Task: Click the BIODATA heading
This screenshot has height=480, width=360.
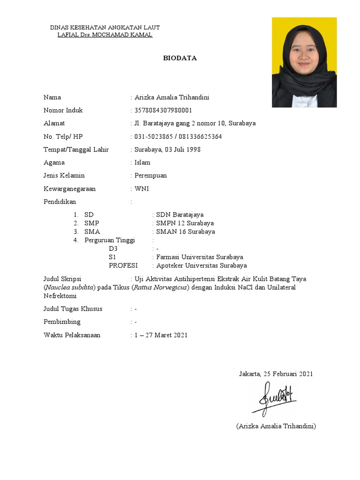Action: pos(180,59)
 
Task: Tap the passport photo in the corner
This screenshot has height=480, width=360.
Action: pos(304,62)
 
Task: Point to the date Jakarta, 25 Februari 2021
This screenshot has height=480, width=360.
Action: pos(276,374)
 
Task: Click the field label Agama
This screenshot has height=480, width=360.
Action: pos(54,163)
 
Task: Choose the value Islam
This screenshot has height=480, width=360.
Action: pos(142,163)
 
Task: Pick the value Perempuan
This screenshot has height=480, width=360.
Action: pos(150,176)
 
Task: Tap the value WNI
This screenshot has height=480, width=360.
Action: pos(142,189)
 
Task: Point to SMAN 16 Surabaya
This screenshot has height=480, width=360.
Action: pos(185,232)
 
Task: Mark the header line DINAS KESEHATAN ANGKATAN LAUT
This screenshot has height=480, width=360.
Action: pos(105,28)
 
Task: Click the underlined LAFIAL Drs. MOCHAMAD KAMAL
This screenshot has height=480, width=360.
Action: pos(105,35)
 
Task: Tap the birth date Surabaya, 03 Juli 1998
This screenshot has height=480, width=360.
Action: pos(167,150)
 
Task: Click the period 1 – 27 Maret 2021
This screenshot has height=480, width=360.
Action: pos(161,335)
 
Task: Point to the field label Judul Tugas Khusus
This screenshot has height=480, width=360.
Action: pos(73,309)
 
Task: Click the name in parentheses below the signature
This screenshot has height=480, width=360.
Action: pos(276,426)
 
